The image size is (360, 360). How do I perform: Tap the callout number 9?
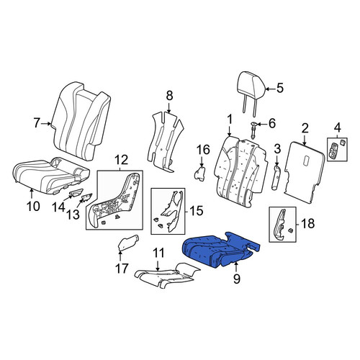tap(236, 279)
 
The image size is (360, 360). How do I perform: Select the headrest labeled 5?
tap(251, 92)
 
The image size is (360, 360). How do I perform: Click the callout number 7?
tap(36, 123)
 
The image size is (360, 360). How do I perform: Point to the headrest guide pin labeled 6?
tap(253, 130)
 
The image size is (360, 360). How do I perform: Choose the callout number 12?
tap(121, 160)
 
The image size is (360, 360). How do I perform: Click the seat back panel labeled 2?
tap(305, 172)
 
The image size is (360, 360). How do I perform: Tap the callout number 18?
tap(307, 224)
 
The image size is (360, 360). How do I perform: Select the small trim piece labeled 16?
tap(200, 174)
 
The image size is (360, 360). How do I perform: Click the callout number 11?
tap(158, 253)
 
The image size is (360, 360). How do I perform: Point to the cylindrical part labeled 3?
tap(276, 177)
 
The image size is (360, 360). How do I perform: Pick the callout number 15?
tap(196, 211)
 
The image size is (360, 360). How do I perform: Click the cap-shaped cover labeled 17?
tap(129, 243)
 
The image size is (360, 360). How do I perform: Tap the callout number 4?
tap(338, 127)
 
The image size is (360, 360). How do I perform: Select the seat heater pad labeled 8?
tap(165, 142)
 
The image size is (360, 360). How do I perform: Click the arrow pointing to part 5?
tap(271, 89)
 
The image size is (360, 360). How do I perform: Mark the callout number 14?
tap(59, 207)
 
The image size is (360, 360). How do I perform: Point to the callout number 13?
tap(73, 215)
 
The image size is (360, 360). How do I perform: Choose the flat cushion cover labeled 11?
tap(167, 276)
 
